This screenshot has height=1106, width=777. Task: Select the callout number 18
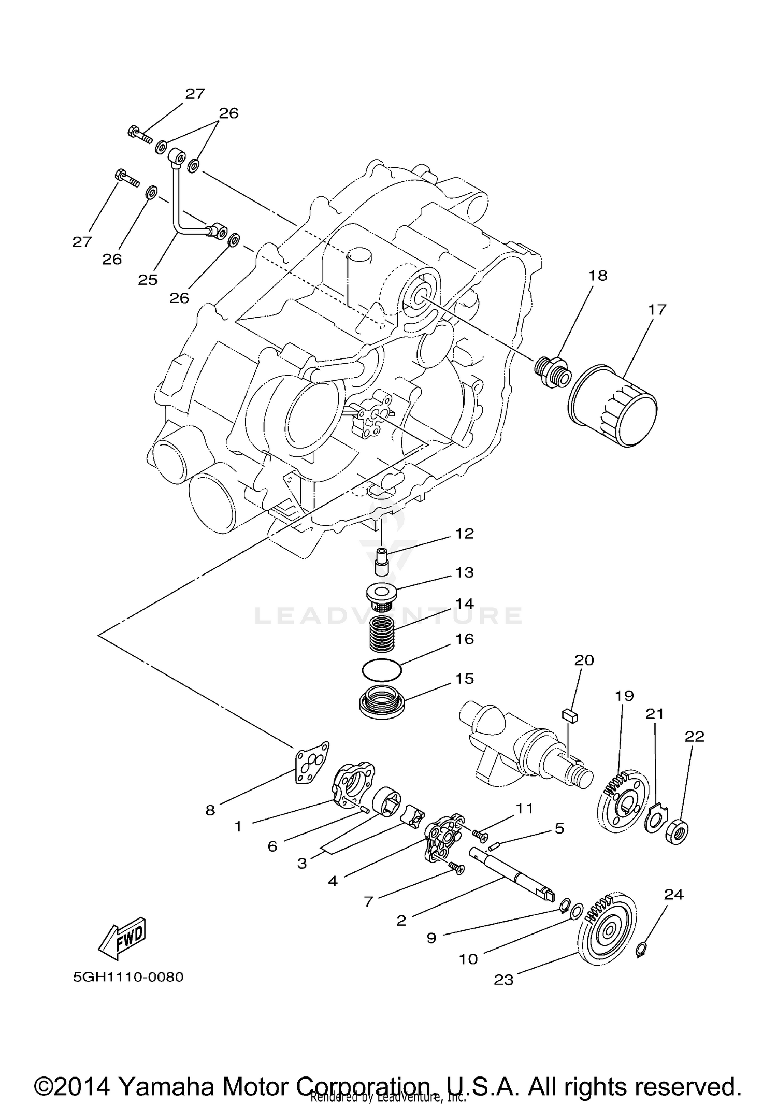598,276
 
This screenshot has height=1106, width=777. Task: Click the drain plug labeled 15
382,702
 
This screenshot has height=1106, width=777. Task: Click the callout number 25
148,280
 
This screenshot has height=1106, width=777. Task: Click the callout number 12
464,534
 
